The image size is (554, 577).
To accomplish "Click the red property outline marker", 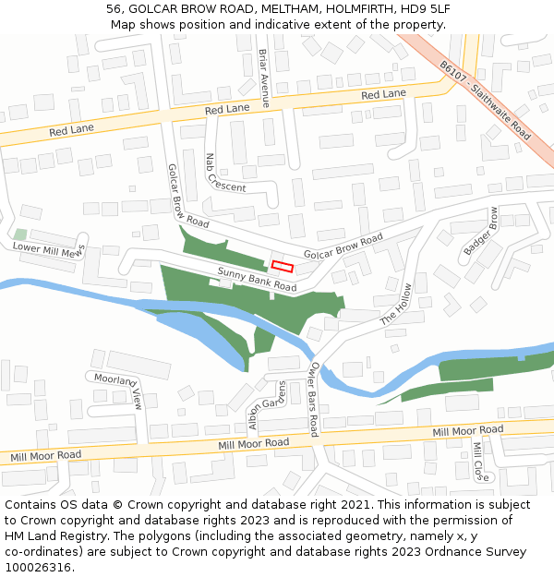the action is (x=282, y=266).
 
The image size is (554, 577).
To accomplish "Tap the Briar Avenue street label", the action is (x=263, y=78).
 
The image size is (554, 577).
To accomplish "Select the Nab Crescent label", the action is (x=225, y=174).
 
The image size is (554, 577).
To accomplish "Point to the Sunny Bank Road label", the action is (x=257, y=280).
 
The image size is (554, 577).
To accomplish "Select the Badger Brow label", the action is (x=481, y=237).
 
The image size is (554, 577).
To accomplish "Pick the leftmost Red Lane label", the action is (x=71, y=130).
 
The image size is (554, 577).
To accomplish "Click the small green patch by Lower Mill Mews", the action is (x=20, y=234).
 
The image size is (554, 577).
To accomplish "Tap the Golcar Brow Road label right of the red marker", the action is (x=343, y=247).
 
